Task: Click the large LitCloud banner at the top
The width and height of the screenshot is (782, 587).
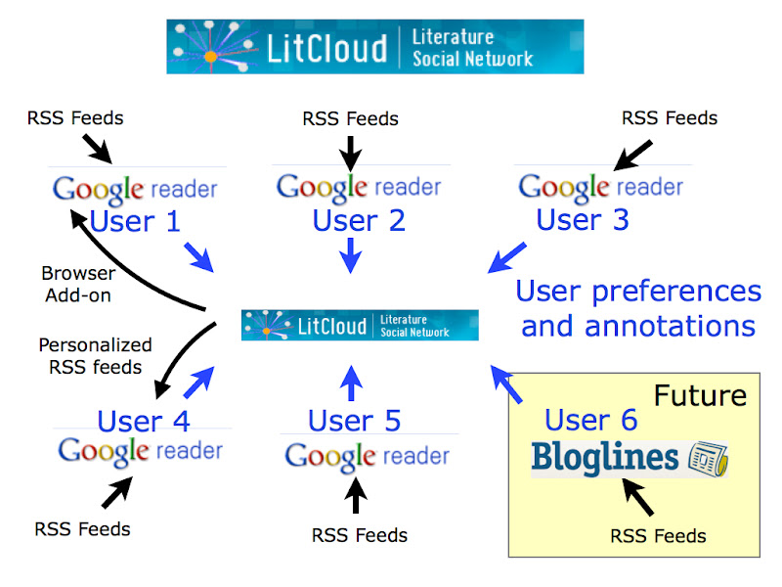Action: tap(374, 46)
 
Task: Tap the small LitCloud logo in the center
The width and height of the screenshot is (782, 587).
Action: tap(360, 325)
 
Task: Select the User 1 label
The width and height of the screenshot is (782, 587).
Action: tap(135, 221)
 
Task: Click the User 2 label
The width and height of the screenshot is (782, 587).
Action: tap(359, 220)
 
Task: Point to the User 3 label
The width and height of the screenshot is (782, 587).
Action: tap(583, 219)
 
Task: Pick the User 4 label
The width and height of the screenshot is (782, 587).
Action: tap(143, 422)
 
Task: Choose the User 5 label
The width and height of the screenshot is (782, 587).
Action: tap(354, 421)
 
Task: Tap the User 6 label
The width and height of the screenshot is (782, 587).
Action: tap(590, 420)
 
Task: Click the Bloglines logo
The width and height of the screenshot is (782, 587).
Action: tap(630, 457)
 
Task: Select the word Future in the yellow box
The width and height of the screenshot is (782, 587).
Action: tap(699, 395)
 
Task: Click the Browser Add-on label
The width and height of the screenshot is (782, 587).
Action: tap(78, 283)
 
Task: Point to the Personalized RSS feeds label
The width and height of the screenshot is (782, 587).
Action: tap(95, 356)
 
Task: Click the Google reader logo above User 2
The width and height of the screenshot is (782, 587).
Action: tap(359, 186)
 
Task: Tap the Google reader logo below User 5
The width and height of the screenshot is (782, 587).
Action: tap(367, 456)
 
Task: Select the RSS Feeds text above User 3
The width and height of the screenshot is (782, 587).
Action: tap(670, 118)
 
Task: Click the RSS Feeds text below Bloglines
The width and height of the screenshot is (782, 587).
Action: tap(658, 535)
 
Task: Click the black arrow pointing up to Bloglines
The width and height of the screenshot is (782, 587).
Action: tap(639, 500)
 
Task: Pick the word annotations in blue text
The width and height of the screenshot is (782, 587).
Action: tap(638, 325)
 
